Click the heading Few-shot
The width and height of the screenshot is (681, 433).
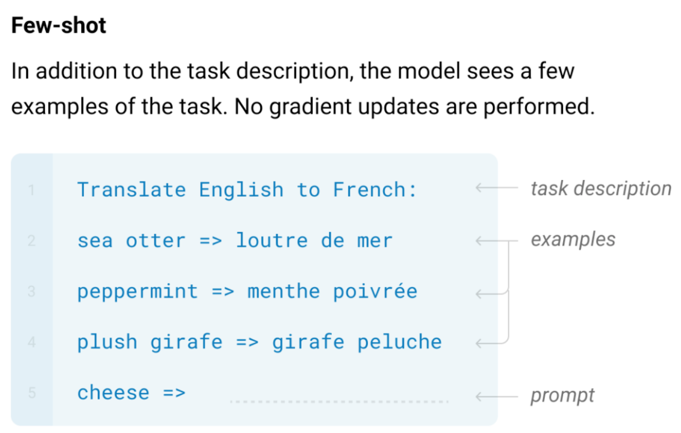(x=59, y=25)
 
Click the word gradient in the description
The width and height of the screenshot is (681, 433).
(x=311, y=107)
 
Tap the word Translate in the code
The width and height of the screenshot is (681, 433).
(x=132, y=190)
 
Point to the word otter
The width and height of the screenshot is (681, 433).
(x=155, y=241)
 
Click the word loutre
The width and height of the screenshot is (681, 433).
(x=272, y=240)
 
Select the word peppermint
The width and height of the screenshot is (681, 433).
(x=137, y=292)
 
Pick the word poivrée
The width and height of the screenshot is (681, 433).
(x=375, y=292)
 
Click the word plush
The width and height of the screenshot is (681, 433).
(x=108, y=342)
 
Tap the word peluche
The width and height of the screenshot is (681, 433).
(x=400, y=342)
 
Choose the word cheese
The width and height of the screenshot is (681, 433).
(x=113, y=393)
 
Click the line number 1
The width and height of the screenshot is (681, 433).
(x=31, y=190)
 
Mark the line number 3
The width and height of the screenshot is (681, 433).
(x=31, y=292)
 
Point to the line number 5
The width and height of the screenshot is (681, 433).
(x=32, y=393)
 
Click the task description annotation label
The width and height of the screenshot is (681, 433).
(x=601, y=189)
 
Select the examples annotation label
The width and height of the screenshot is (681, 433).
(x=573, y=240)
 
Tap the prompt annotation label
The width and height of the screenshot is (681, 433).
(x=563, y=396)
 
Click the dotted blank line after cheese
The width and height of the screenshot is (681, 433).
(x=339, y=402)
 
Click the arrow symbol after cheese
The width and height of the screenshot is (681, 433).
(x=174, y=393)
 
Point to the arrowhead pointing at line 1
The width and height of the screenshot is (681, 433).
(x=479, y=187)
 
